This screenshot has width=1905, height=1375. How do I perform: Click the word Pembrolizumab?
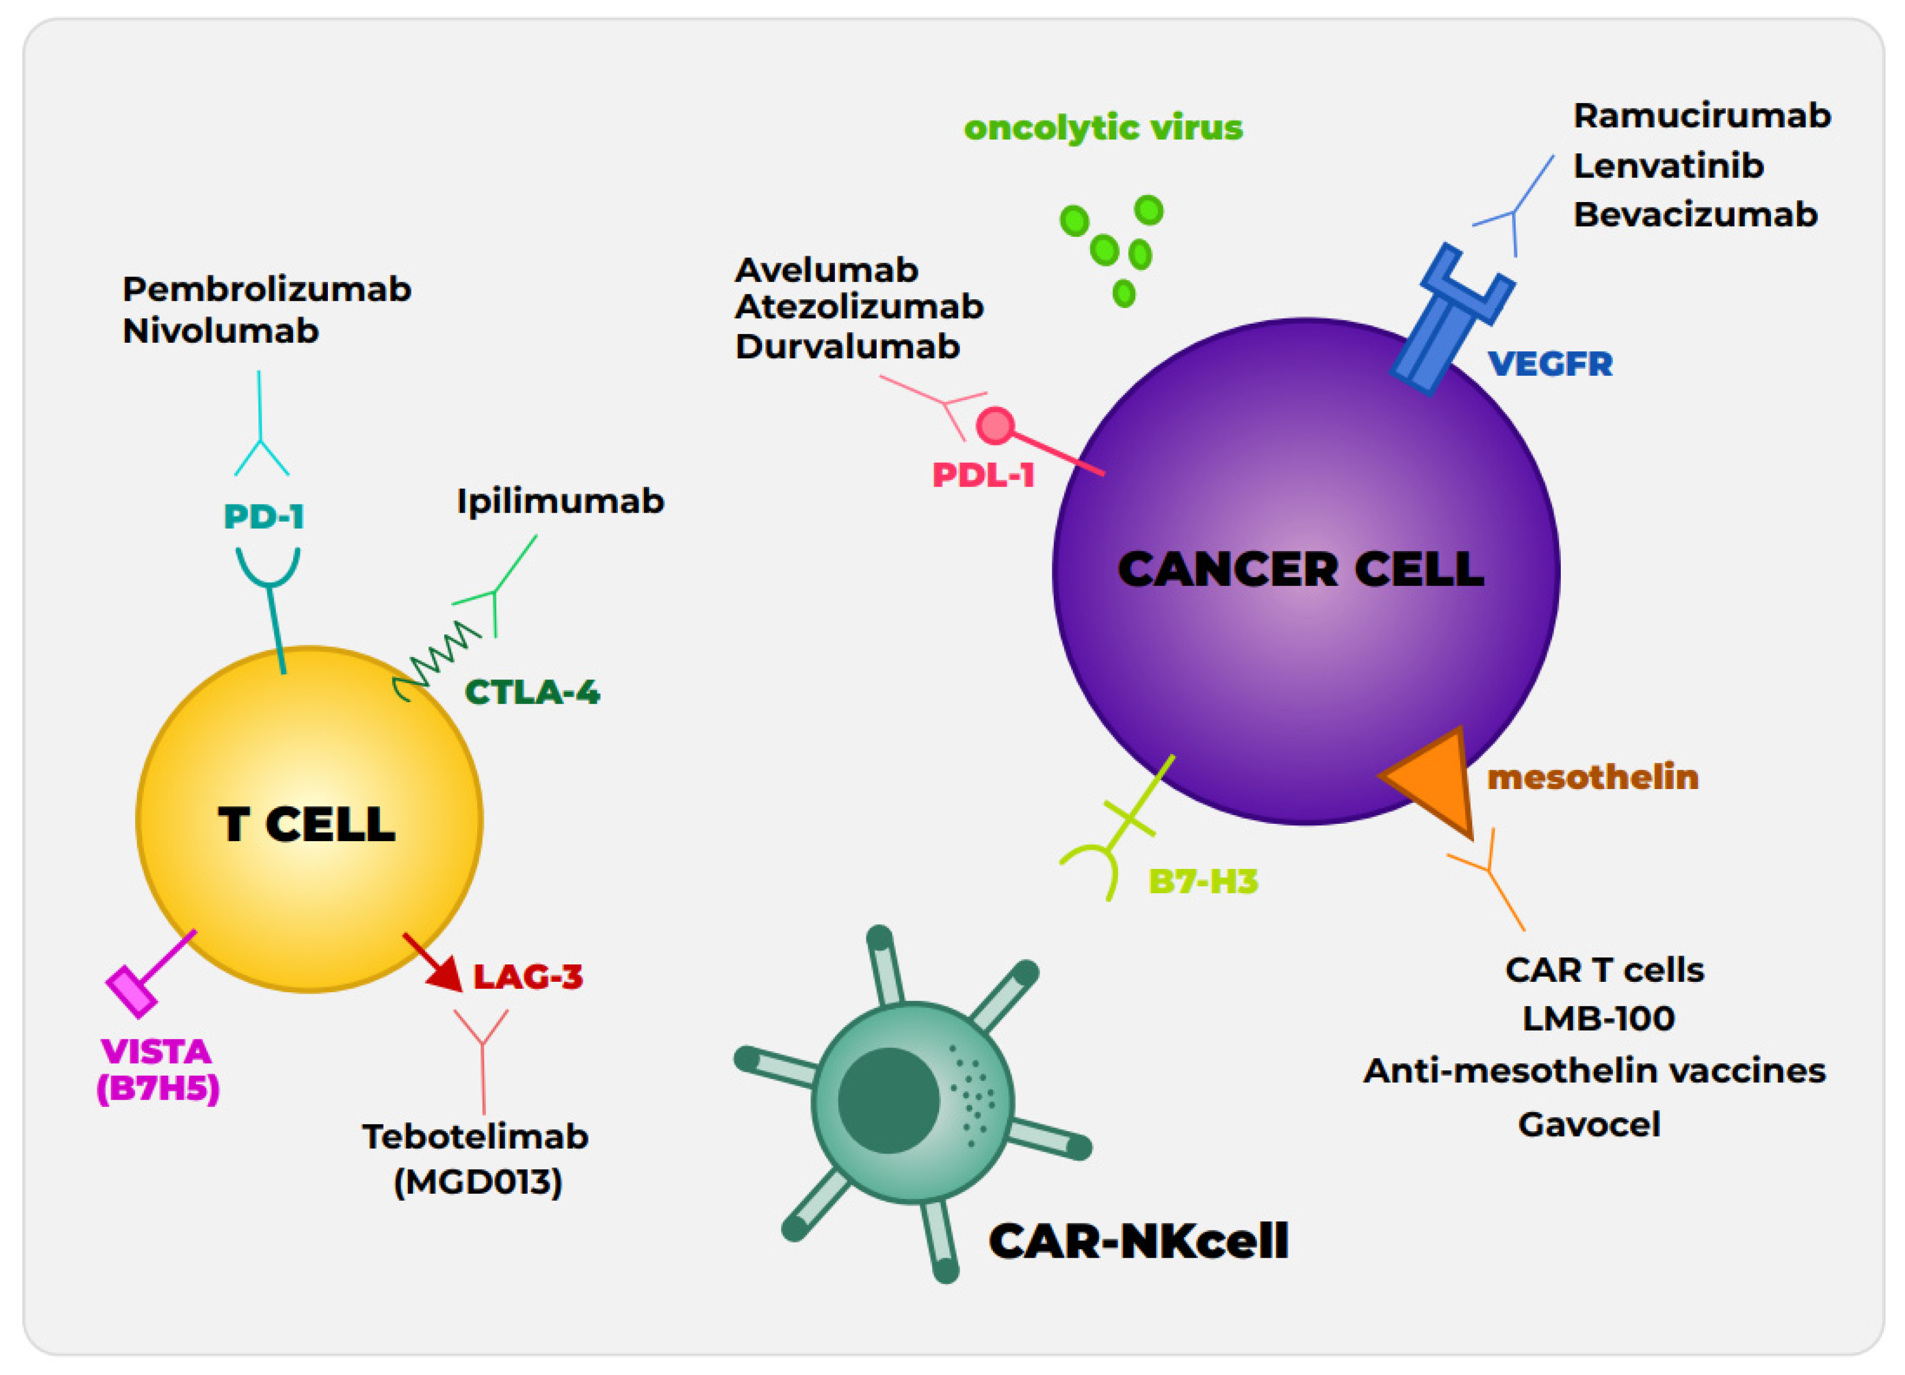tap(266, 290)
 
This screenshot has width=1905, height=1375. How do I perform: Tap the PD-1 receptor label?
tap(264, 516)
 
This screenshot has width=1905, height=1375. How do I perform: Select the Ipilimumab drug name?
tap(560, 501)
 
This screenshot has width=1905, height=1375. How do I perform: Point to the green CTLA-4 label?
tap(531, 692)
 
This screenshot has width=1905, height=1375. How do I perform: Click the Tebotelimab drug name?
tap(476, 1137)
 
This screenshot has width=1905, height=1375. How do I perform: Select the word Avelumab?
tap(826, 270)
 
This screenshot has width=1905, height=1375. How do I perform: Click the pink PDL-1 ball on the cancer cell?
tap(995, 425)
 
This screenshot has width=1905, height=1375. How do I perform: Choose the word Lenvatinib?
tap(1668, 166)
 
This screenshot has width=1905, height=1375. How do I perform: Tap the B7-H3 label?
tap(1203, 882)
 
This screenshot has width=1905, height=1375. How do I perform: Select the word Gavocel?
tap(1588, 1125)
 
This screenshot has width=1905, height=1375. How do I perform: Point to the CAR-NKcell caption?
tap(1138, 1241)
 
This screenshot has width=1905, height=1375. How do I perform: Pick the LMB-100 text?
tap(1598, 1019)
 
